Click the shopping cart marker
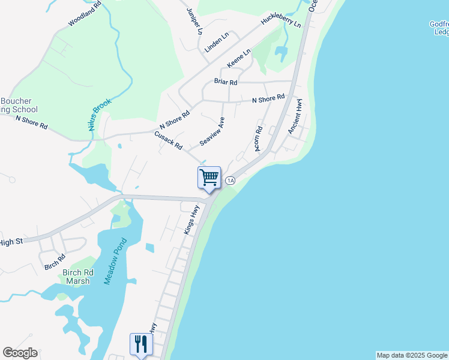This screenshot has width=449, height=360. coord(209,178)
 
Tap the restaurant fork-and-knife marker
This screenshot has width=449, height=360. coord(141,344)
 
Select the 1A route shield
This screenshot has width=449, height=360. coord(230,180)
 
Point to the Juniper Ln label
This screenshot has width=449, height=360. coord(193,21)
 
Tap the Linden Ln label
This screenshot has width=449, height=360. coord(217,43)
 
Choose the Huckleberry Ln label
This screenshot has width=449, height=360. coord(280,22)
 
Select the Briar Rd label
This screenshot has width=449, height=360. coord(226,82)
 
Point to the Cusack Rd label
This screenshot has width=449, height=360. coord(168,141)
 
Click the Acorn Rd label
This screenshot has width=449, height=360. coord(259,139)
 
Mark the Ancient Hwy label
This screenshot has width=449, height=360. coord(294,117)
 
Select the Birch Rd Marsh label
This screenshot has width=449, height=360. coord(76,277)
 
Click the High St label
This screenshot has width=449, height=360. coord(11,242)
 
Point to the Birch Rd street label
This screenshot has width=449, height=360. coord(54,262)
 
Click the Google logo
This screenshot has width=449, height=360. coord(20,353)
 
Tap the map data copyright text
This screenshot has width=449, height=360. coord(412,355)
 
